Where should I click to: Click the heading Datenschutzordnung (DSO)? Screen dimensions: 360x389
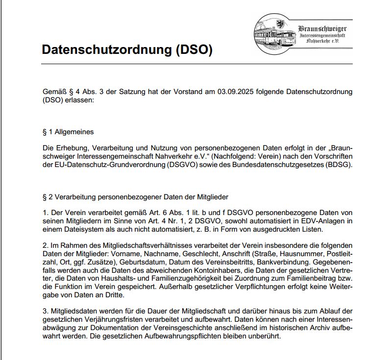(127, 50)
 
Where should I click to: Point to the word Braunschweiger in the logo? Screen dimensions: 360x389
(322, 29)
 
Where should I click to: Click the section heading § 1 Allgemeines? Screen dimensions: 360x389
(68, 132)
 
